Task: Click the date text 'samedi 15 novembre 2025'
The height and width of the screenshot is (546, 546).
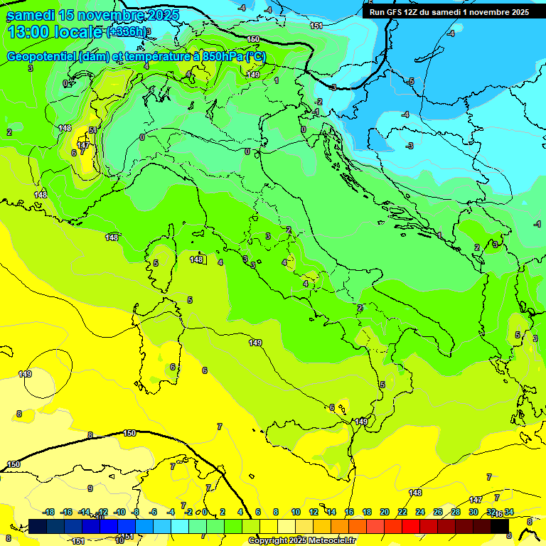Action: click(92, 15)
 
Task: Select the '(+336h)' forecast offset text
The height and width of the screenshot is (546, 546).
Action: click(127, 32)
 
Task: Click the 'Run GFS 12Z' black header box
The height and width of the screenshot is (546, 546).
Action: click(449, 12)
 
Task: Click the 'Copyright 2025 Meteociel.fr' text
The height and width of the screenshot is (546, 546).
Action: click(301, 540)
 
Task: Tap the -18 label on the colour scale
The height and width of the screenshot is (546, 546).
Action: click(49, 512)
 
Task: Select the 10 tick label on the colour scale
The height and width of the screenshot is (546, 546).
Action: click(296, 512)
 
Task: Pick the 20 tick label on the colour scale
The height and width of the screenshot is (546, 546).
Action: click(385, 512)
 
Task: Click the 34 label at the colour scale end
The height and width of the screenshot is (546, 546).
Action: click(509, 512)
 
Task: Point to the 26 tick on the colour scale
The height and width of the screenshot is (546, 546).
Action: click(438, 512)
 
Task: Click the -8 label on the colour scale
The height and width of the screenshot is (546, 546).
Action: click(135, 512)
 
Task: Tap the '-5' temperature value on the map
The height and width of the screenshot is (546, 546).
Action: click(411, 82)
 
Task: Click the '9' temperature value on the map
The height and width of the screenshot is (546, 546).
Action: click(90, 488)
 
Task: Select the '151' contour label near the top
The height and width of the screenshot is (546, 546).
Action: click(316, 26)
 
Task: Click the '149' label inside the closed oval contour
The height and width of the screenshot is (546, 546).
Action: click(25, 374)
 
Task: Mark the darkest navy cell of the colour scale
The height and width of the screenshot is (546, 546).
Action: click(38, 526)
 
